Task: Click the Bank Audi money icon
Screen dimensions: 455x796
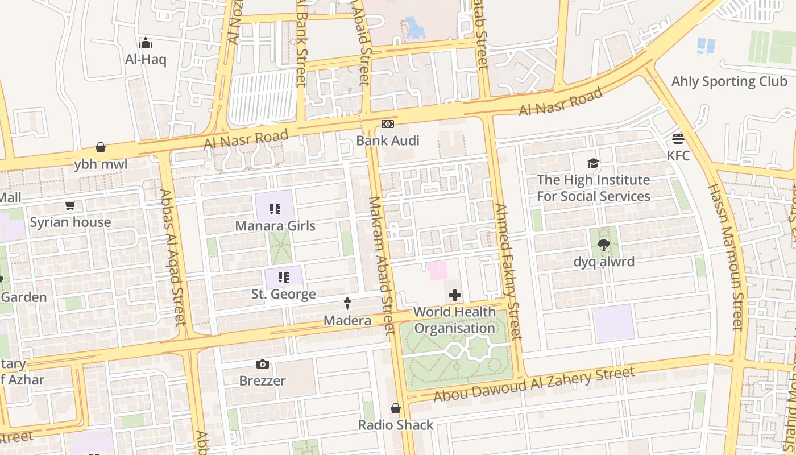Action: pyautogui.click(x=387, y=124)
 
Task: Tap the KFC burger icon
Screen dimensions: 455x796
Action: pyautogui.click(x=678, y=138)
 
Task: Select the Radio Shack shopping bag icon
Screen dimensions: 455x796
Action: pyautogui.click(x=396, y=408)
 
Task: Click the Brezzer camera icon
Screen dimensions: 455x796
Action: pyautogui.click(x=262, y=364)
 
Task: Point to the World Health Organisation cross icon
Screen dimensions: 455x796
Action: pyautogui.click(x=455, y=295)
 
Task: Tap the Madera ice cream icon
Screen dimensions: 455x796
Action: pyautogui.click(x=347, y=304)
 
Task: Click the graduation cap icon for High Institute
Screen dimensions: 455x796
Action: pyautogui.click(x=593, y=164)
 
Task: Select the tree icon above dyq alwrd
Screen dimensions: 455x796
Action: pyautogui.click(x=603, y=245)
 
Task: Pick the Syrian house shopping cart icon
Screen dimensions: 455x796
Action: pyautogui.click(x=70, y=205)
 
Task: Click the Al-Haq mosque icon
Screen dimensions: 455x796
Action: pyautogui.click(x=146, y=43)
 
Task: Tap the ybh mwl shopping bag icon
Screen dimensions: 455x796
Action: pyautogui.click(x=101, y=148)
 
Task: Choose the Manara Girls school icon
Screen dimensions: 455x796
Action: pyautogui.click(x=275, y=209)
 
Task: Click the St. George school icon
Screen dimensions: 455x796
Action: pyautogui.click(x=283, y=278)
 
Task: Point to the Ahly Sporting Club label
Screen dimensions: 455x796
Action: pyautogui.click(x=729, y=81)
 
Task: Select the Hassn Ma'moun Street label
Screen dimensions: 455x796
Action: pyautogui.click(x=725, y=256)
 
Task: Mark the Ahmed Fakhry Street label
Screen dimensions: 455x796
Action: pyautogui.click(x=508, y=272)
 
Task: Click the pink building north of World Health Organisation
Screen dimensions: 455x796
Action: pyautogui.click(x=437, y=270)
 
